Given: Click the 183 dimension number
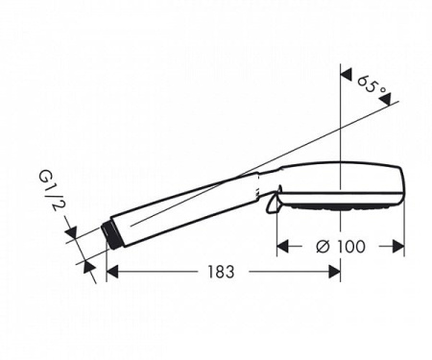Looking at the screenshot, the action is click(x=221, y=272).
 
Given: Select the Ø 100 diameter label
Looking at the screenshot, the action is click(x=341, y=247).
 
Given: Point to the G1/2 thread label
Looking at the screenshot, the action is click(x=50, y=191).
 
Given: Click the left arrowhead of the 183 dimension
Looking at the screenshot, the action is click(x=112, y=272).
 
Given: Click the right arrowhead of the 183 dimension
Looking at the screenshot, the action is click(x=334, y=272).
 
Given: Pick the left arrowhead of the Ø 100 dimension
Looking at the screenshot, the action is click(x=283, y=246).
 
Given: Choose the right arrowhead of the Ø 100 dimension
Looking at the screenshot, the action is click(x=398, y=246).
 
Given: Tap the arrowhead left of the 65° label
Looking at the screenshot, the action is click(x=347, y=74).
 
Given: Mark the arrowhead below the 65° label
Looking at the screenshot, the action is click(x=385, y=100).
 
